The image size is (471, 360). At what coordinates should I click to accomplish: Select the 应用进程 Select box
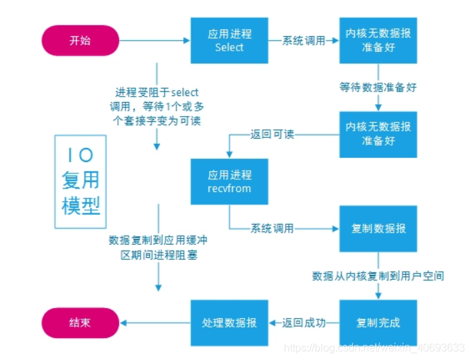tap(229, 41)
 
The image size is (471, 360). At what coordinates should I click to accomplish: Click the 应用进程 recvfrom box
tap(229, 181)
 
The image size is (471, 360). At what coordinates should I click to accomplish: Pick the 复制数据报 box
tap(378, 228)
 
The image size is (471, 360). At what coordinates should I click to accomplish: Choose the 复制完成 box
tap(378, 322)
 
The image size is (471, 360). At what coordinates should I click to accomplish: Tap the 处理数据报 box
tap(229, 322)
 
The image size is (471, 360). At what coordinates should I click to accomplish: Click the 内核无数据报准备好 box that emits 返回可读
tap(378, 134)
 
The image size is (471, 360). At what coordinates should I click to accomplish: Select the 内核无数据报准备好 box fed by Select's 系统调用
tap(378, 41)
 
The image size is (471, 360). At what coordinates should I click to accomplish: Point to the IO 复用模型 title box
tap(81, 182)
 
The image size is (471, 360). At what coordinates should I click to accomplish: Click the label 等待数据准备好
tap(378, 87)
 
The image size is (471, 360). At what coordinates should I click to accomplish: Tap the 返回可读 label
tap(272, 134)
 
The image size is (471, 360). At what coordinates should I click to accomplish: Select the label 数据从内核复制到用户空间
tap(378, 275)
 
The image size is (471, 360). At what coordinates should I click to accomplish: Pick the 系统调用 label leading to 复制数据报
tap(272, 228)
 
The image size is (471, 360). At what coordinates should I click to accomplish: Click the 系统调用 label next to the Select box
tap(303, 41)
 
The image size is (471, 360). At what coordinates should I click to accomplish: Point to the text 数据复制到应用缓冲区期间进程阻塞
tap(158, 247)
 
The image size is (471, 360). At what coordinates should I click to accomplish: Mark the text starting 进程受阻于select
tap(158, 106)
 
